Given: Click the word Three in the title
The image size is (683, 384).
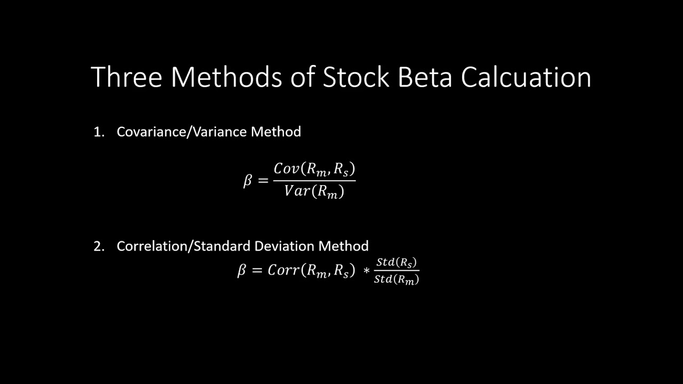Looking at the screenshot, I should click(126, 77).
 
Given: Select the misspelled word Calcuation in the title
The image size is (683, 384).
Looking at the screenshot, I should click(526, 77).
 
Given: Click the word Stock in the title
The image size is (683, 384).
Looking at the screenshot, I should click(356, 77).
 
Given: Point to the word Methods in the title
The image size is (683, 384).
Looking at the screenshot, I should click(226, 77).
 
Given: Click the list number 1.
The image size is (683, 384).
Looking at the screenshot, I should click(98, 132).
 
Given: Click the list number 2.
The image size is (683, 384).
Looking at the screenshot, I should click(98, 246).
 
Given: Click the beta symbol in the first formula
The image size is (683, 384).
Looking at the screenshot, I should click(248, 181).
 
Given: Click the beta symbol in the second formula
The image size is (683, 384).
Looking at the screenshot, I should click(242, 270).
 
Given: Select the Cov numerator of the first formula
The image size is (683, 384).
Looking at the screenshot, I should click(287, 169).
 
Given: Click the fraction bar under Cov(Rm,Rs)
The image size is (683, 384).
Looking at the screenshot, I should click(314, 181).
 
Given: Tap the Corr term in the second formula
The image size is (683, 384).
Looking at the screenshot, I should click(283, 270).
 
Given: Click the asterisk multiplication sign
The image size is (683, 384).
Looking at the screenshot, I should click(366, 271).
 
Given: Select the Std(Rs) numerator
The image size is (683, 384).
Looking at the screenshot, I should click(396, 262).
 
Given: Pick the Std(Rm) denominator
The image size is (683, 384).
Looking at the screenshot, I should click(396, 279).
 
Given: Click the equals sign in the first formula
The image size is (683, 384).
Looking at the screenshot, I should click(263, 181).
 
